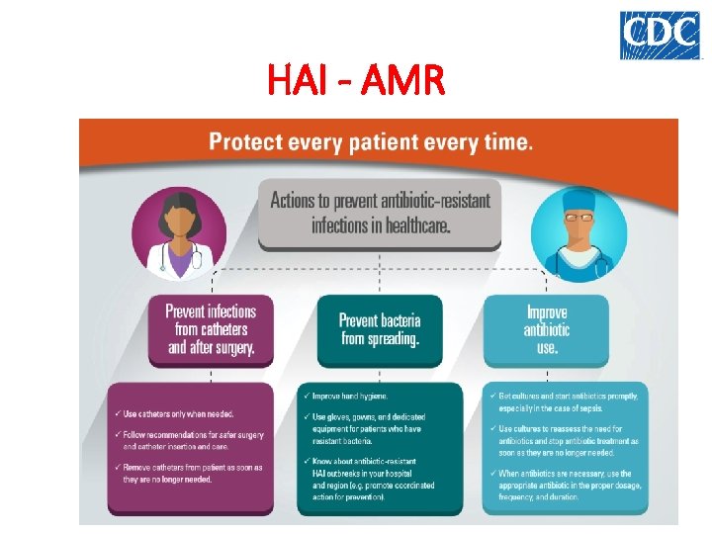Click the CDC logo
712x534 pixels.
pos(660,35)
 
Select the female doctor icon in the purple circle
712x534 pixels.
pos(180,234)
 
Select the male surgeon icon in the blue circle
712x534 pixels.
pos(578,234)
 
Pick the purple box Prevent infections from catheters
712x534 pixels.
pos(211,328)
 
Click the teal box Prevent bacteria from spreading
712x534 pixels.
pos(380,329)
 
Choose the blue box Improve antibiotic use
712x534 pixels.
pos(547,329)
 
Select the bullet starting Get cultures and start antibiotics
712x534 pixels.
pos(568,401)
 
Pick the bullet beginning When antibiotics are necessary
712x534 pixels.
pos(568,485)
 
